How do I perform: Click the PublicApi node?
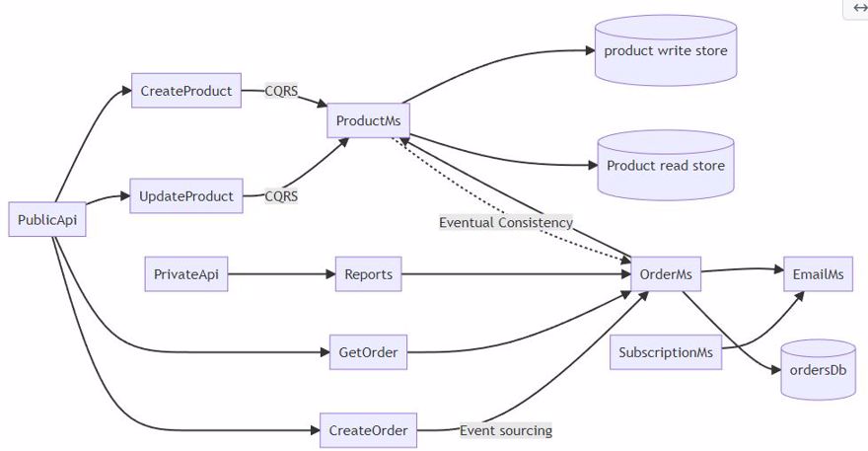click(47, 220)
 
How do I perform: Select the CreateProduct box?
click(186, 91)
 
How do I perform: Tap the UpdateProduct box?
click(186, 196)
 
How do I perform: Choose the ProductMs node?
click(367, 121)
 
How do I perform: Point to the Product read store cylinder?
click(666, 166)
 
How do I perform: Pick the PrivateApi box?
click(186, 274)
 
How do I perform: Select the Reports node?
click(369, 274)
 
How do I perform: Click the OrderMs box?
click(666, 274)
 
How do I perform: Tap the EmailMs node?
click(819, 274)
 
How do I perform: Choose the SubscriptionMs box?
click(666, 352)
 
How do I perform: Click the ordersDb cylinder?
click(818, 370)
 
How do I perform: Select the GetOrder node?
click(368, 351)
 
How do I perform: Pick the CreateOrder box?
click(368, 430)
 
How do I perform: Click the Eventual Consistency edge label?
click(506, 223)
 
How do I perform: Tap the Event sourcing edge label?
click(506, 430)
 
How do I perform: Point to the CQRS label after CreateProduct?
click(281, 91)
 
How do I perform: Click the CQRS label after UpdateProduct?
click(281, 196)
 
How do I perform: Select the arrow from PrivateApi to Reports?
click(281, 274)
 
